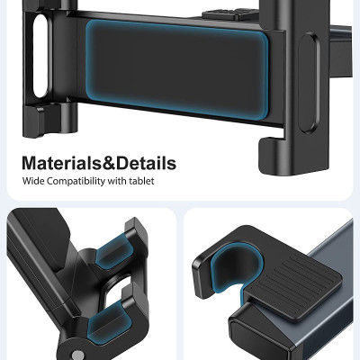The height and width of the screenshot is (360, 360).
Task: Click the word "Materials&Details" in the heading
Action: click(x=99, y=164)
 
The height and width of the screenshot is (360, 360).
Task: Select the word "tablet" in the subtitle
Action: click(x=142, y=182)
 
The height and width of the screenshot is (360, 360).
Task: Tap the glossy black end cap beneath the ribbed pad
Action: click(x=261, y=337)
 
